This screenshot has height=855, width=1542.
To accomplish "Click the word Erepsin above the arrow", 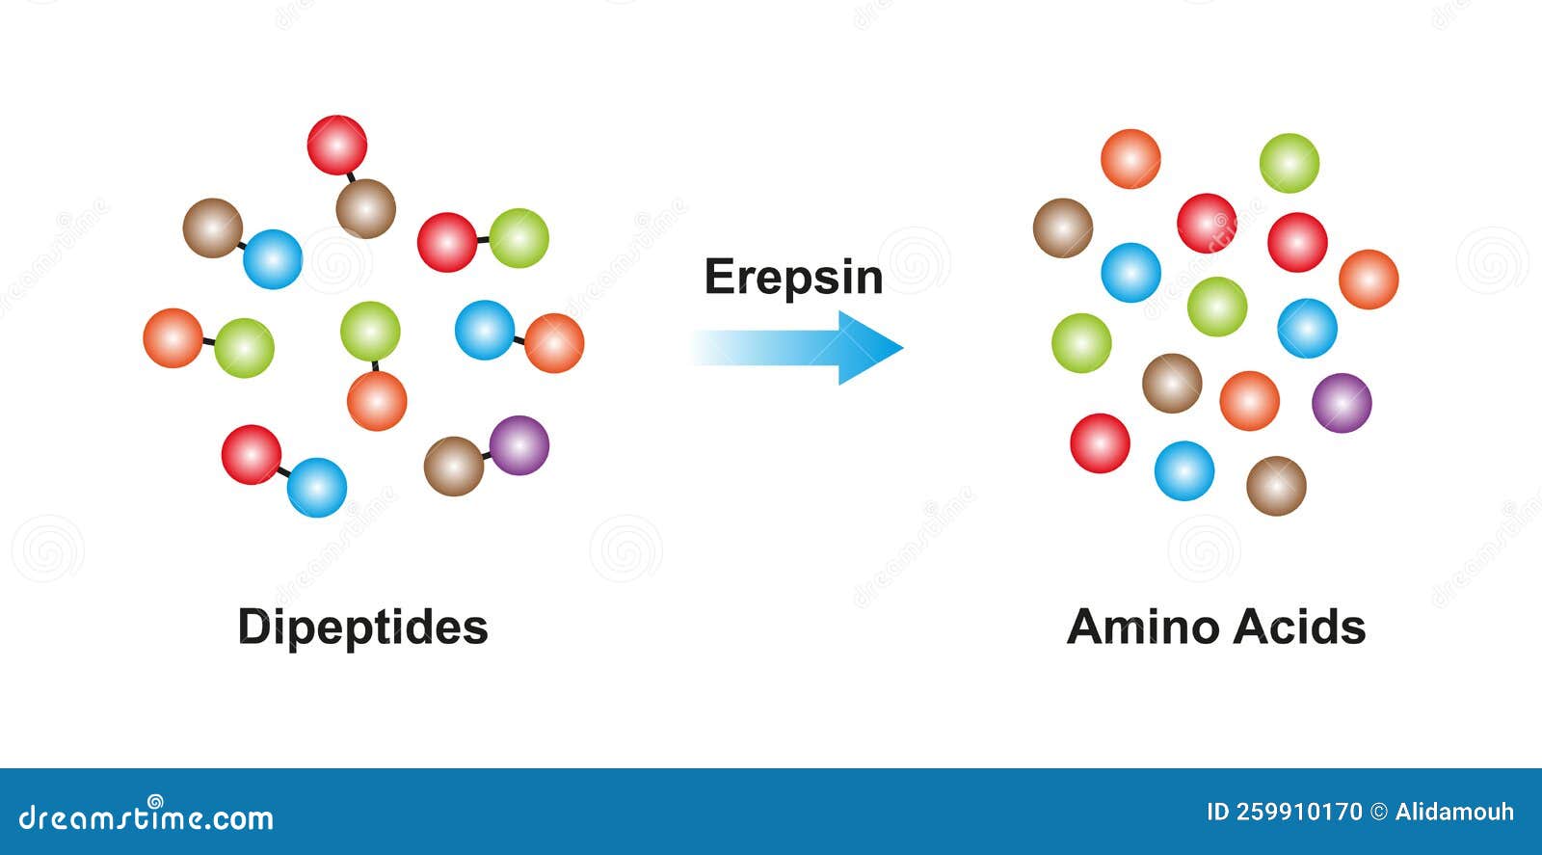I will (x=793, y=278).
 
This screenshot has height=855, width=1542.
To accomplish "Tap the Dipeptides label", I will (x=362, y=628).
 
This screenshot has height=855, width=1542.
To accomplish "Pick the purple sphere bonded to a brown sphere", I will (x=518, y=445).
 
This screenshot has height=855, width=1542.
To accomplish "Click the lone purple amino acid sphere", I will (x=1341, y=403).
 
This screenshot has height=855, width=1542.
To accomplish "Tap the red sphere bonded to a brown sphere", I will (x=337, y=146).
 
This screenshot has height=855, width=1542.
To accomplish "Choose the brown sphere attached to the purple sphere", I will (x=454, y=467).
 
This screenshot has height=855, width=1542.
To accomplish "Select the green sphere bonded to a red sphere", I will (x=518, y=238).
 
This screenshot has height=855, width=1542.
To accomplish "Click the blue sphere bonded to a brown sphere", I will (x=273, y=259).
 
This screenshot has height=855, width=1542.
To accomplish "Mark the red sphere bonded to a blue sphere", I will (x=252, y=454).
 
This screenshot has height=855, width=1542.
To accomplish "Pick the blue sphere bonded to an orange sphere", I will (x=484, y=330).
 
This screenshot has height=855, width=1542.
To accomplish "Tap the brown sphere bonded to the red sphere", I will (x=365, y=208).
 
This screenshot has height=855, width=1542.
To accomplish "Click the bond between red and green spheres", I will (x=483, y=240).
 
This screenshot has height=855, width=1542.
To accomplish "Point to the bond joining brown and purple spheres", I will (x=487, y=455).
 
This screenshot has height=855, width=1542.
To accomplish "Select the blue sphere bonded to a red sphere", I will (x=316, y=487).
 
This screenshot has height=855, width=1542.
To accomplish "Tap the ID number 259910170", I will (x=1284, y=812).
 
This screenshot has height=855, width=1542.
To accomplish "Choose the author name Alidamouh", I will (x=1454, y=812).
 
